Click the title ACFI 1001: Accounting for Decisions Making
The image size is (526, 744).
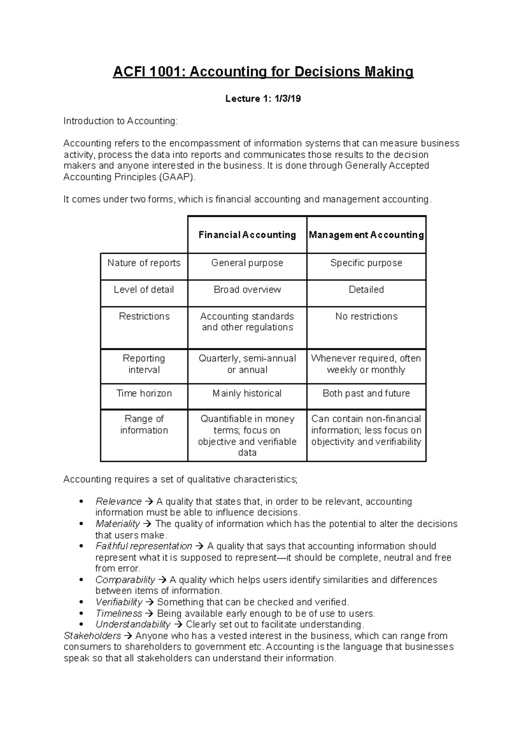[263, 72]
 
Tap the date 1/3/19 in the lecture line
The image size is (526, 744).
[288, 99]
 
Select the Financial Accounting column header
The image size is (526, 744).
[247, 235]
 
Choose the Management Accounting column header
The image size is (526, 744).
[366, 235]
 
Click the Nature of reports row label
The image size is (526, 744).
[144, 263]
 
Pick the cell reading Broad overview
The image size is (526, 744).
[247, 290]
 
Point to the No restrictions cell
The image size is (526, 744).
[366, 316]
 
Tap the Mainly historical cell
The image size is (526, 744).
[247, 393]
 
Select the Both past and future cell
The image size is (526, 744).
[366, 393]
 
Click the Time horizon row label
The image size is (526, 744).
[144, 393]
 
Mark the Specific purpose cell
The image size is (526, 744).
[366, 263]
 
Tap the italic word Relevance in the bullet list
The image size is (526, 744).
[118, 502]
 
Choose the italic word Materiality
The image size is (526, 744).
[117, 524]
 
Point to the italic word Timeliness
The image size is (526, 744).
[119, 613]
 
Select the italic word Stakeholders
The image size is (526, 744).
[92, 636]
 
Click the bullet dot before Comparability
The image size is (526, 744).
[81, 580]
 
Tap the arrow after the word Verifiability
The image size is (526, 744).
[149, 602]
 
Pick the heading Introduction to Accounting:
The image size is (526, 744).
[121, 121]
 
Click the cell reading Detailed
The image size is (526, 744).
[366, 290]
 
